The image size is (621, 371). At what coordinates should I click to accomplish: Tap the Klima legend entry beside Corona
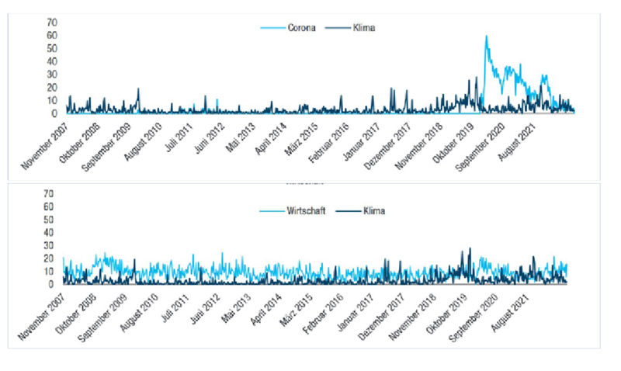[365, 28]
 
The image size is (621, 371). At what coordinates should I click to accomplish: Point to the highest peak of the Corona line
[486, 36]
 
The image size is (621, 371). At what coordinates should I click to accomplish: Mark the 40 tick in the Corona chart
[52, 61]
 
